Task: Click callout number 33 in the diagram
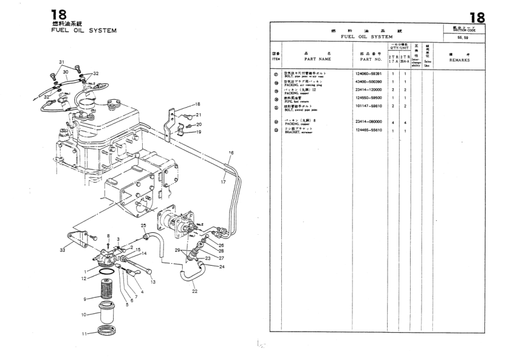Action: pos(63,249)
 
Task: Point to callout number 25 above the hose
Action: pos(144,226)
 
